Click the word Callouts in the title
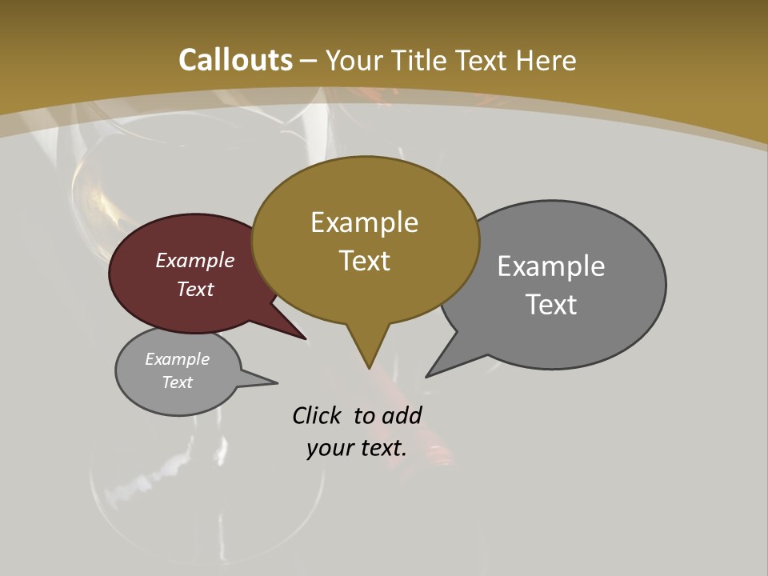tap(236, 60)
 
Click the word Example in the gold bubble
tap(364, 222)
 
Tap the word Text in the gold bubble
tap(364, 261)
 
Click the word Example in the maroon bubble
tap(194, 260)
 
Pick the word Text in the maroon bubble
tap(194, 289)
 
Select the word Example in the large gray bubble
tap(550, 266)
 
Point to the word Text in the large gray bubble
tap(550, 305)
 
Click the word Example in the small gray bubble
tap(177, 359)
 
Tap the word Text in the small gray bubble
tap(177, 382)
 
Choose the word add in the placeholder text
tap(402, 415)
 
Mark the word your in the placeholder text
tap(328, 448)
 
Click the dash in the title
tap(309, 61)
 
